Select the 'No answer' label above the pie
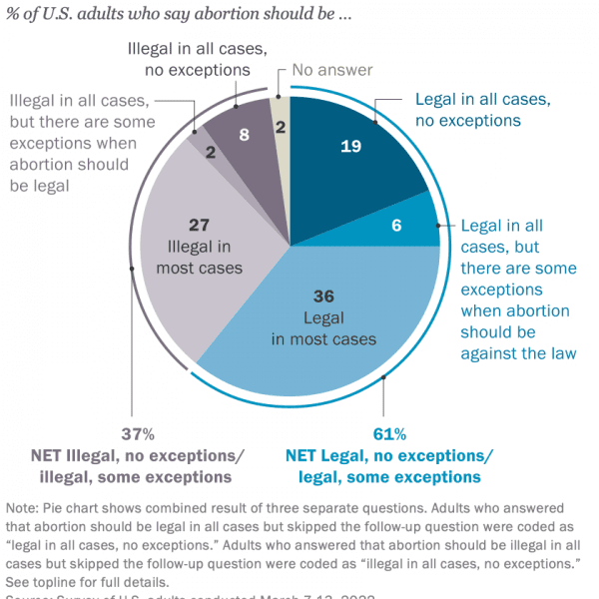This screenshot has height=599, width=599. pyautogui.click(x=332, y=70)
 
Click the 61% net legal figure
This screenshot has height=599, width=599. pyautogui.click(x=388, y=434)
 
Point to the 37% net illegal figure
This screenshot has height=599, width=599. pyautogui.click(x=138, y=434)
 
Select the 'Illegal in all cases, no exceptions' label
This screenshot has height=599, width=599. pyautogui.click(x=189, y=59)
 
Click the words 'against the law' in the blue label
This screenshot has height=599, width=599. pyautogui.click(x=519, y=352)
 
